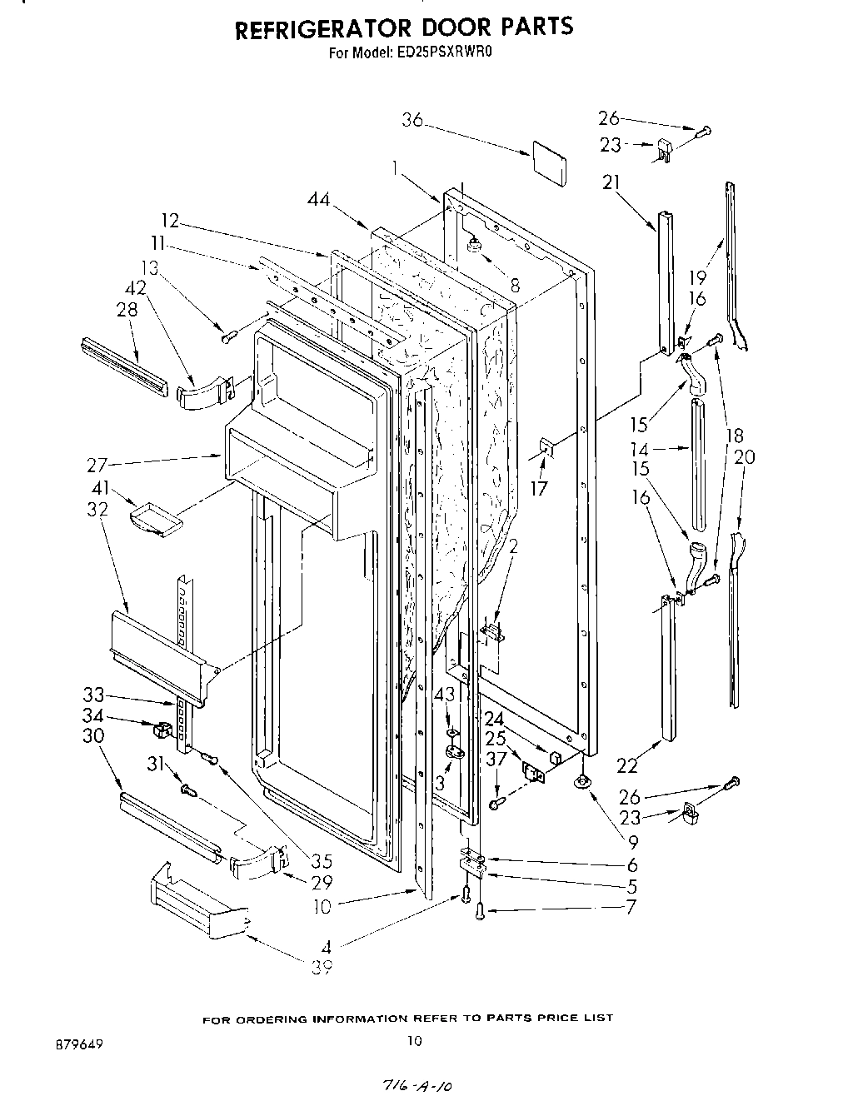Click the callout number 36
[412, 121]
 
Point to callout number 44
[318, 199]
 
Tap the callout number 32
[97, 509]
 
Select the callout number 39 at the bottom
[322, 968]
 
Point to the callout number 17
[540, 488]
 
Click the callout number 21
[612, 182]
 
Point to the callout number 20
[745, 456]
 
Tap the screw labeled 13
[230, 335]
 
